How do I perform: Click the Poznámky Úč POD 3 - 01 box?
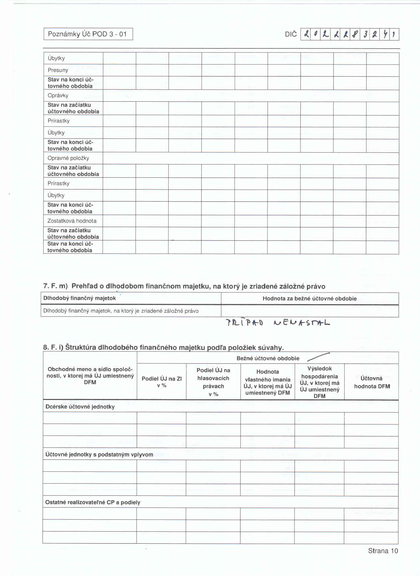(88, 34)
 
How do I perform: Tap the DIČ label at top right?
(291, 34)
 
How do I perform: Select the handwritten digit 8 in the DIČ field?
(355, 34)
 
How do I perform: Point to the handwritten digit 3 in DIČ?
(365, 34)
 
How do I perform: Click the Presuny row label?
(58, 70)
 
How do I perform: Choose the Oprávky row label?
(58, 95)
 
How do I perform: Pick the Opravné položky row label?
(68, 158)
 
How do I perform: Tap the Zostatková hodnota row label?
(72, 221)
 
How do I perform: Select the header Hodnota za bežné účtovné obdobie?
(309, 299)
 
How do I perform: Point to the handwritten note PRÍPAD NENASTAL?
(278, 322)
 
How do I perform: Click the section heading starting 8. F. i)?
(163, 347)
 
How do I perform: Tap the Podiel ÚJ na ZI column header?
(161, 382)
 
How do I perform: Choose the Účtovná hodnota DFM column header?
(372, 382)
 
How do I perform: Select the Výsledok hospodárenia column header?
(320, 382)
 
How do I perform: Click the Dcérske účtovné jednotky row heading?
(80, 407)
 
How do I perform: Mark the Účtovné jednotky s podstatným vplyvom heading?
(99, 455)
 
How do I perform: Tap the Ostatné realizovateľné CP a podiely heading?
(93, 502)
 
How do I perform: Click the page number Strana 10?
(383, 551)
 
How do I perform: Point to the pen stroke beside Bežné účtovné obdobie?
(318, 357)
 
